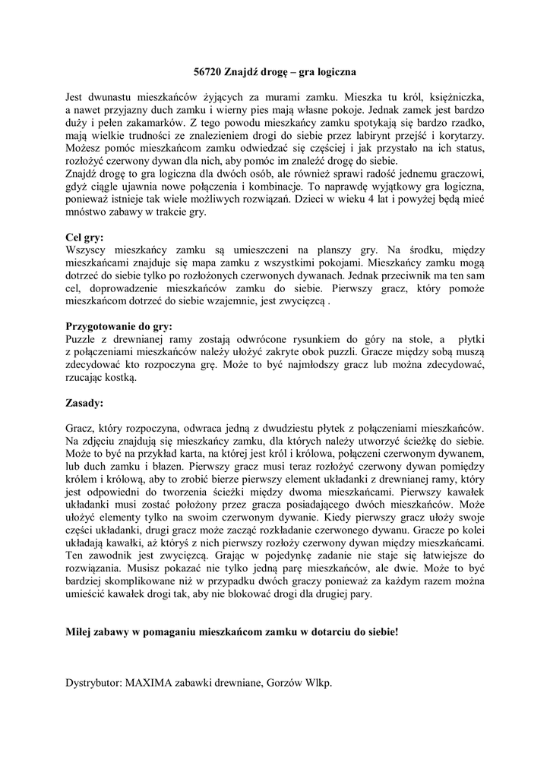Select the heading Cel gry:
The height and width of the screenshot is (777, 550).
[x=85, y=237]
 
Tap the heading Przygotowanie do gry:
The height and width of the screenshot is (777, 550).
[x=119, y=326]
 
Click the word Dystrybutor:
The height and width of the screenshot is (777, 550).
[x=93, y=682]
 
